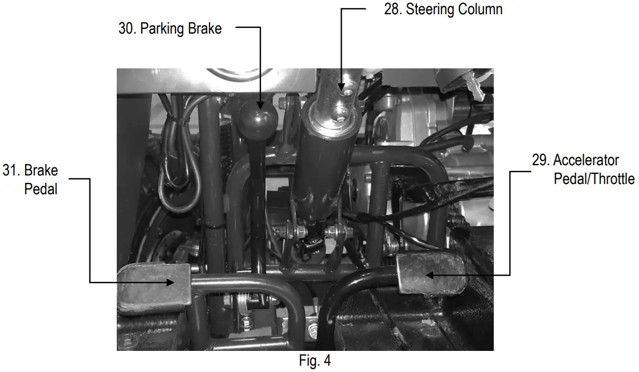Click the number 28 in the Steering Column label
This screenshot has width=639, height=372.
[x=392, y=10]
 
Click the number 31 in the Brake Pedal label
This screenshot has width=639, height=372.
[x=11, y=171]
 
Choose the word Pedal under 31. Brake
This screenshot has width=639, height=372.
[x=41, y=189]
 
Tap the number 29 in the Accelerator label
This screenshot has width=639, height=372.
[x=540, y=160]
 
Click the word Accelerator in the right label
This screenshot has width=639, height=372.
[x=586, y=160]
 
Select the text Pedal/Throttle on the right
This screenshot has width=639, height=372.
[x=594, y=179]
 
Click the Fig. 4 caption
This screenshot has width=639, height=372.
[x=314, y=361]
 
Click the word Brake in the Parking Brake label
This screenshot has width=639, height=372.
[x=206, y=29]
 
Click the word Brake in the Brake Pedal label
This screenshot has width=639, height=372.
[x=41, y=171]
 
